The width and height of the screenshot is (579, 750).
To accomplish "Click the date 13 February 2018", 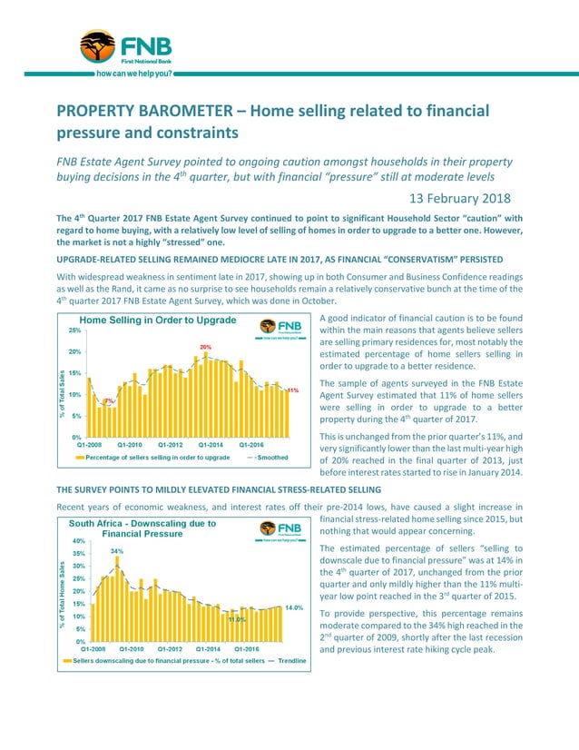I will pos(459,198).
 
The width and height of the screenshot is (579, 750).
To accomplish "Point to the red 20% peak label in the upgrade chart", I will pos(206,347).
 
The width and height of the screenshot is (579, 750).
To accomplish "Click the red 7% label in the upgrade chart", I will pos(108,400).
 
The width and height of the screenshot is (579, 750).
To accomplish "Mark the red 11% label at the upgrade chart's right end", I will pos(293,390).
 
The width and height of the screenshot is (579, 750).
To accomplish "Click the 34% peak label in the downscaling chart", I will pos(117,551).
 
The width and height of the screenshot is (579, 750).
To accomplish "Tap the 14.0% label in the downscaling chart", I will pos(293,607).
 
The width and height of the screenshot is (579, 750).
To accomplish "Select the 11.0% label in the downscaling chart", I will pos(237,619).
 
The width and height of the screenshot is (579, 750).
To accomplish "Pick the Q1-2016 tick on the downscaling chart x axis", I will pos(250,649).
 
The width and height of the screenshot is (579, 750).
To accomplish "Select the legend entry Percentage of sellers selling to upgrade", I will pos(157,459).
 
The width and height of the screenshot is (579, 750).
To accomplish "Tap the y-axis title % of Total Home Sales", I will pos(63,595).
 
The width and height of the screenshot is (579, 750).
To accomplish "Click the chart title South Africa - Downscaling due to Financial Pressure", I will pos(142,528).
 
